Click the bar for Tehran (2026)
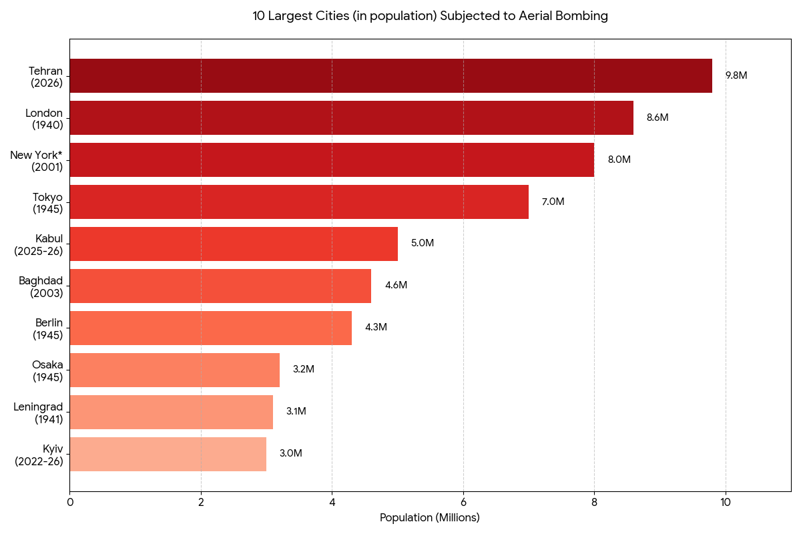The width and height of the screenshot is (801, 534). coord(390,75)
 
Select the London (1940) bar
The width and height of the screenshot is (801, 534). coord(351,117)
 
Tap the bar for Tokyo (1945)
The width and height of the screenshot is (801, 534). coord(299,202)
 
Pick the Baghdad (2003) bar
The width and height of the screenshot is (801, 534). coord(220,286)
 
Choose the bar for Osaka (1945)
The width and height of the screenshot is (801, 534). coord(174,370)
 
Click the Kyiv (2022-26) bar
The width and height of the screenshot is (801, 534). coord(168,454)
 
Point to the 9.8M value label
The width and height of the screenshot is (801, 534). coord(736,75)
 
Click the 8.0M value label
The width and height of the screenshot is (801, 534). coord(619,160)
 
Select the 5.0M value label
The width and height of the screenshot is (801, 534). coord(422,244)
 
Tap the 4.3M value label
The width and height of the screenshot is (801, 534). coord(376,328)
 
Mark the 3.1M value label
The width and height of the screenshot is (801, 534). coord(296,412)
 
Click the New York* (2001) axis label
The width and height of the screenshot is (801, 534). coord(36,161)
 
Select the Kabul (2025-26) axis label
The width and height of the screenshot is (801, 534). coord(39,245)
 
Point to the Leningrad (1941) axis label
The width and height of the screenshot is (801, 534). coord(38,413)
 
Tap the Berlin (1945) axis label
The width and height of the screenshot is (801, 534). coord(47,329)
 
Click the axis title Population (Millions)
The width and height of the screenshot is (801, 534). coord(430,518)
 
